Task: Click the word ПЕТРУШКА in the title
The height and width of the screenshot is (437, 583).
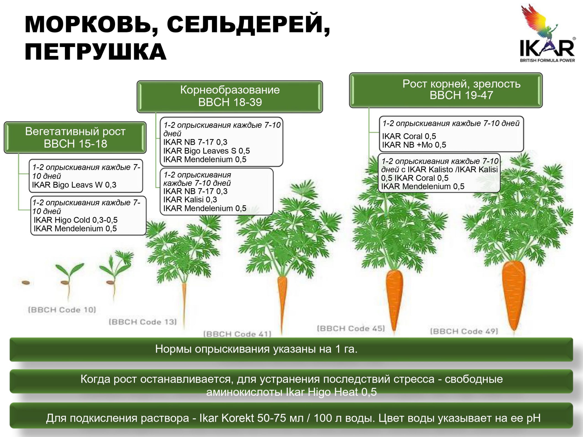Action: tap(95, 52)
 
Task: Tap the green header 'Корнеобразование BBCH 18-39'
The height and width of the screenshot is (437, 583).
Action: tap(230, 97)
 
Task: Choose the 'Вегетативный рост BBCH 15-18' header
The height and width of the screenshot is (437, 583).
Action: tap(75, 137)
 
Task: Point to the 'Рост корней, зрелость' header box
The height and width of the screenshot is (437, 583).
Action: tap(446, 90)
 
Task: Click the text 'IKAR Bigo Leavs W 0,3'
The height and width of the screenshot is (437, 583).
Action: tap(74, 185)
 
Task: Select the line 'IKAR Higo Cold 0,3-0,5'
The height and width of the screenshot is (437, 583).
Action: tap(76, 220)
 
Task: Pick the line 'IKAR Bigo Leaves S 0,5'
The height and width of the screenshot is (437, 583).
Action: tap(206, 151)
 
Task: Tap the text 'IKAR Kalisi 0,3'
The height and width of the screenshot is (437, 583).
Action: tap(190, 200)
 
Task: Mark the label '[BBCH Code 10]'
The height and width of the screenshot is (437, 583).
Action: tap(62, 310)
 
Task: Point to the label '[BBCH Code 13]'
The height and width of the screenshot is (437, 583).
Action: tap(143, 322)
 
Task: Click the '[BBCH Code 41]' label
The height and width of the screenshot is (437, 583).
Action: tap(237, 334)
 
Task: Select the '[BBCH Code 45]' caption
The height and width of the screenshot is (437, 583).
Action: tap(351, 328)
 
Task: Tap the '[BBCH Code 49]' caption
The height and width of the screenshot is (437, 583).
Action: tap(464, 331)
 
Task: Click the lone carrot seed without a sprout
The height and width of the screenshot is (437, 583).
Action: tap(26, 283)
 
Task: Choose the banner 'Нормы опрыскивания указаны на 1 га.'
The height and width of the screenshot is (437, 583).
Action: tap(291, 349)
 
